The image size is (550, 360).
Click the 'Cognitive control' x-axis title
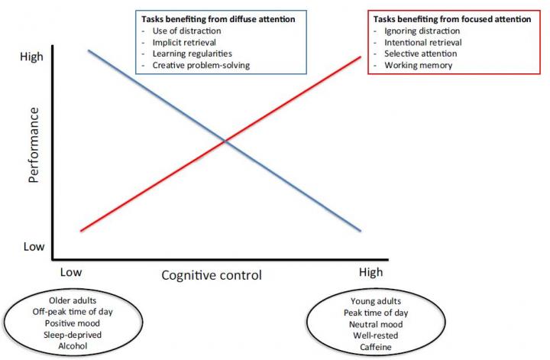(211, 275)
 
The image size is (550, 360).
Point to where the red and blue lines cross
(225, 141)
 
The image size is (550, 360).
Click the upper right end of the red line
(359, 57)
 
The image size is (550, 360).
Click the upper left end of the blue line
(89, 50)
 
